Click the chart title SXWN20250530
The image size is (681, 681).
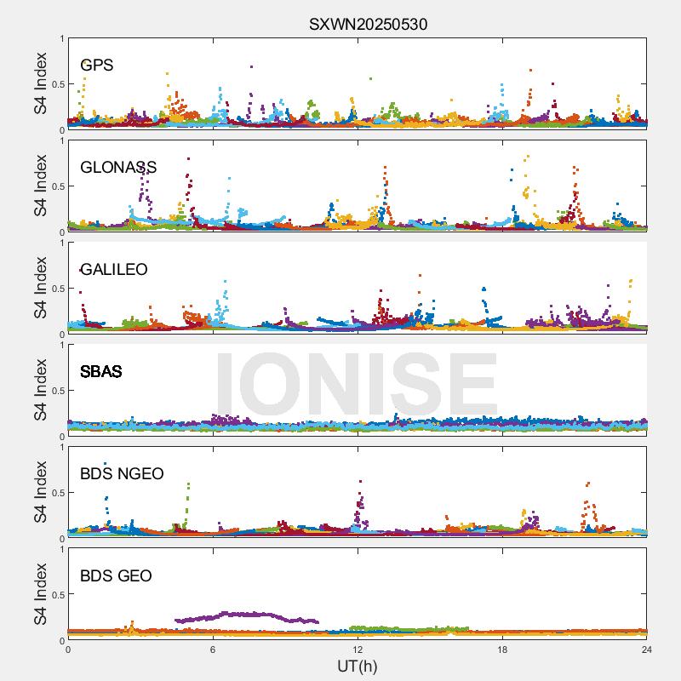coord(368,25)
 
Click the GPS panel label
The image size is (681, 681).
coord(97,65)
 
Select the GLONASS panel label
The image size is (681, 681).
coord(118,167)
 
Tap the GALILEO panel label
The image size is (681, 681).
coord(114,269)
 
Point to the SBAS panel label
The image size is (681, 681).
coord(101,371)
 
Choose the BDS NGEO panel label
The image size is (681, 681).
coord(122,473)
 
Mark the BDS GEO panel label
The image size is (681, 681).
coord(116,576)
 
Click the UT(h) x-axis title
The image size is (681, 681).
coord(358,666)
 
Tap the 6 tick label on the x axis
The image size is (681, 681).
coord(213,650)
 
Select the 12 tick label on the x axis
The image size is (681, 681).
coord(358,650)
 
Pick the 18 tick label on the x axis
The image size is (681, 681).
coord(502,650)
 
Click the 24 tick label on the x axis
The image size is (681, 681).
coord(647,650)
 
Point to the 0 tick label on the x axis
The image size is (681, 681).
coord(68,650)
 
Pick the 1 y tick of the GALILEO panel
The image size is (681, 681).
coord(60,243)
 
